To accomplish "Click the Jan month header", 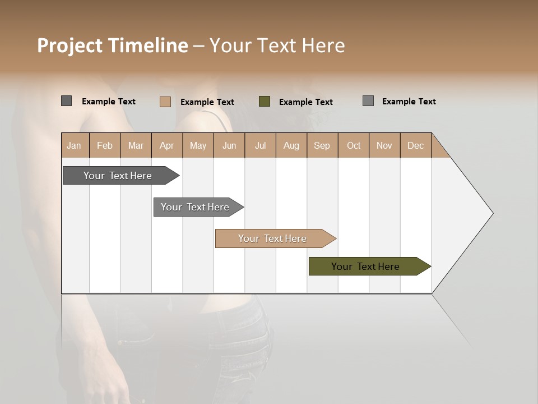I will [x=75, y=145].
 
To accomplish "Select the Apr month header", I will [x=167, y=145].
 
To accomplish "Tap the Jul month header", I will [x=260, y=145].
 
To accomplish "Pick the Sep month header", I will [x=322, y=145].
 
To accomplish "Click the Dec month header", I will [x=415, y=145].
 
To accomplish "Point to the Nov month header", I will [x=384, y=145].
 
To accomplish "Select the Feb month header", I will [x=105, y=145].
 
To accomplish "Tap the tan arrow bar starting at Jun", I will [x=273, y=238].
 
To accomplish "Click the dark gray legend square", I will [x=66, y=101].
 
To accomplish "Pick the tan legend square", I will [x=165, y=102].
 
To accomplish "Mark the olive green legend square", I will [x=265, y=102].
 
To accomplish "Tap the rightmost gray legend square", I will [x=368, y=101].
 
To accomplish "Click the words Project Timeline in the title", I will [x=112, y=45].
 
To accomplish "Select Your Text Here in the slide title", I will [x=277, y=45].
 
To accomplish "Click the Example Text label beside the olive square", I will [x=306, y=102].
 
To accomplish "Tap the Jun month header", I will [x=229, y=145].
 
